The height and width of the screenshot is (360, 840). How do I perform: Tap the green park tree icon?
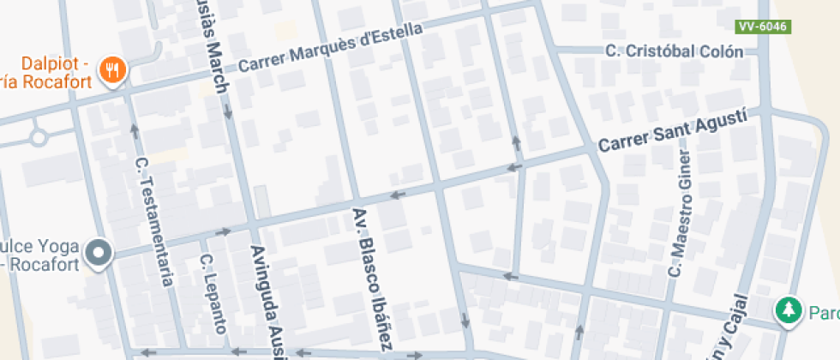pyautogui.click(x=786, y=311)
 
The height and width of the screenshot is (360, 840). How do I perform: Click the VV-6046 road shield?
pyautogui.click(x=762, y=27)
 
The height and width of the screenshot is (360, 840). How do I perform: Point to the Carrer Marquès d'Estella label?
pyautogui.click(x=330, y=48)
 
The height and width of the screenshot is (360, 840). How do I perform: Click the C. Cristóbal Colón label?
pyautogui.click(x=674, y=51)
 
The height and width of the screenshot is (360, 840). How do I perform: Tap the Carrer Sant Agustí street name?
pyautogui.click(x=673, y=131)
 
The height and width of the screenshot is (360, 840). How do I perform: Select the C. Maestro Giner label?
pyautogui.click(x=679, y=215)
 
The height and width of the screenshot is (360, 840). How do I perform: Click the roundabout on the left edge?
pyautogui.click(x=38, y=136)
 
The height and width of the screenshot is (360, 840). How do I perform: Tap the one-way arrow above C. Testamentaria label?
pyautogui.click(x=134, y=130)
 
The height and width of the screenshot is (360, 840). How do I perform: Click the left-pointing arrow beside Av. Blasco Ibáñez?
pyautogui.click(x=396, y=195)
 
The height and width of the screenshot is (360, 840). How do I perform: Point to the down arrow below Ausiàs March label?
pyautogui.click(x=228, y=111)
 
